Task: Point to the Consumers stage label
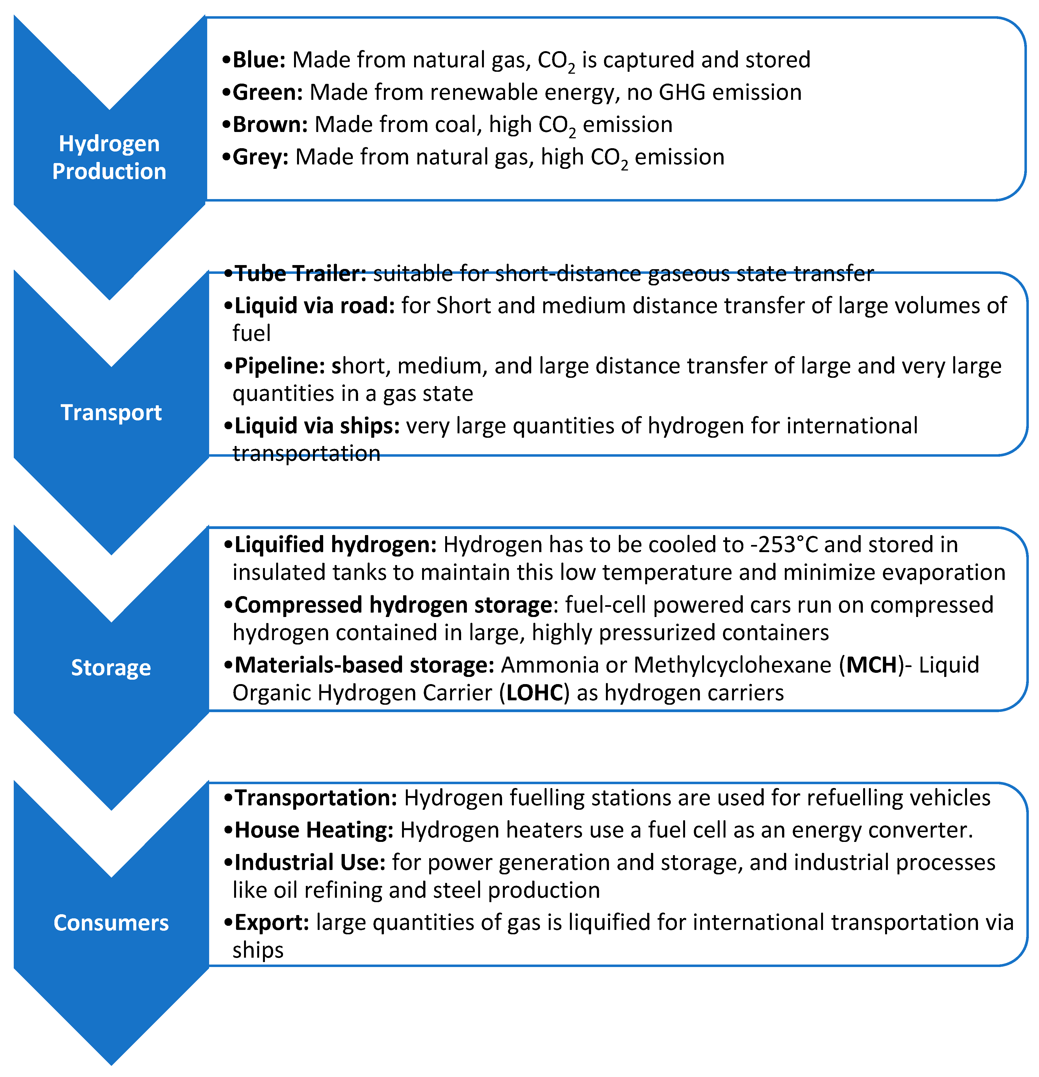point(111,922)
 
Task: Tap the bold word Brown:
point(270,125)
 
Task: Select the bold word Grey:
point(261,157)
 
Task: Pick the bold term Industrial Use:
point(310,863)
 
